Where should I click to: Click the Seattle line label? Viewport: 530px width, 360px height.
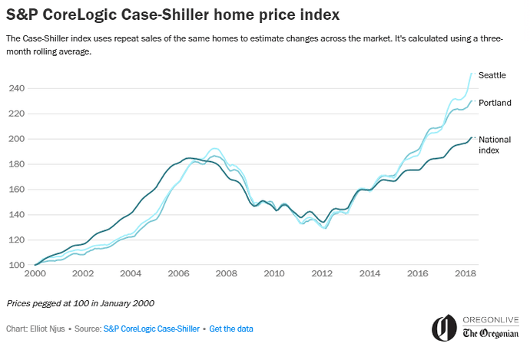[492, 75]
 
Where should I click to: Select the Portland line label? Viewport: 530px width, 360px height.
[495, 103]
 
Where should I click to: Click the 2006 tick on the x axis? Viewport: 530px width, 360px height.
[178, 273]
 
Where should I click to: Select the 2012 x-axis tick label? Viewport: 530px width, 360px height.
[321, 273]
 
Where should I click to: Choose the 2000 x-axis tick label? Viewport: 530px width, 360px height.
[35, 273]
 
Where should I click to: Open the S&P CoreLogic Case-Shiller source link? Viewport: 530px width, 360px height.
[151, 329]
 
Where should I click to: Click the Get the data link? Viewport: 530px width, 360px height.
[231, 329]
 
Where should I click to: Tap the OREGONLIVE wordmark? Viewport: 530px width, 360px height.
[492, 319]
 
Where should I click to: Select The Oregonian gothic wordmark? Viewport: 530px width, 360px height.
[492, 333]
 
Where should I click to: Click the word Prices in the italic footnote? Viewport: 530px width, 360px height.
[19, 303]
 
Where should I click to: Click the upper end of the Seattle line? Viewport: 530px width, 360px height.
[472, 73]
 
